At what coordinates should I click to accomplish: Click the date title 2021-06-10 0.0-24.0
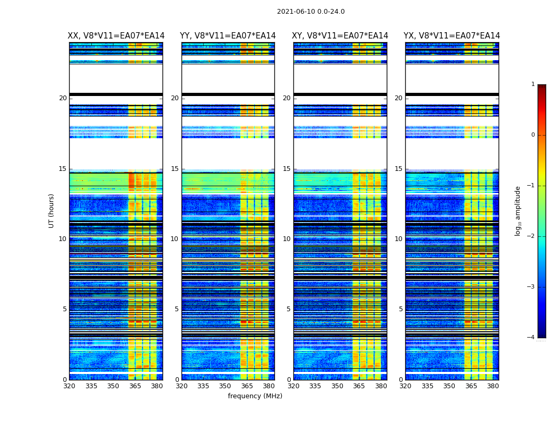311,12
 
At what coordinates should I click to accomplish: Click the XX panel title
116,36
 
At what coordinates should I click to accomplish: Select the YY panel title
228,36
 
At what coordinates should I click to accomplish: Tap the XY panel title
340,36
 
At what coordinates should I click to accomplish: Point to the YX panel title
452,36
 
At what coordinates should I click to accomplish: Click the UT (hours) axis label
52,210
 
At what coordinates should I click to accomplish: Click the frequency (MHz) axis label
255,396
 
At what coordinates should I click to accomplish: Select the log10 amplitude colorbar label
518,210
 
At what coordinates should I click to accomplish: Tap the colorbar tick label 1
533,84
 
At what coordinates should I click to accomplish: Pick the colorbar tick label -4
531,338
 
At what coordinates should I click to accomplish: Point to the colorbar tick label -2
531,236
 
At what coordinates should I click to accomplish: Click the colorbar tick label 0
533,135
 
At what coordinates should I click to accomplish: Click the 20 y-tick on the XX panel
63,98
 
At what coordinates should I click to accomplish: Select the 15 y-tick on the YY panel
175,169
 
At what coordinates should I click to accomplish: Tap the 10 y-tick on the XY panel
286,239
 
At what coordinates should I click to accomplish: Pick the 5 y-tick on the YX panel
400,309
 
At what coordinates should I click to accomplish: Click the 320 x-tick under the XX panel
69,386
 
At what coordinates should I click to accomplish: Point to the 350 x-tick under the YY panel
225,386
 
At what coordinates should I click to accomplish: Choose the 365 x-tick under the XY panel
359,386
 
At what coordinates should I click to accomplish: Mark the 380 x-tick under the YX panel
493,386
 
